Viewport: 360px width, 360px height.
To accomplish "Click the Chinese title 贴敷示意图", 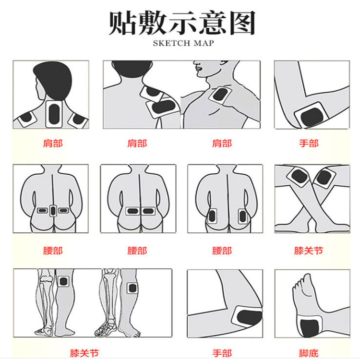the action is click(x=182, y=23).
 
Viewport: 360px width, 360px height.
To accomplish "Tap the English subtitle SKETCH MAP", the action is click(x=183, y=43).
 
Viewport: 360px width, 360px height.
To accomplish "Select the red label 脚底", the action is click(x=309, y=353).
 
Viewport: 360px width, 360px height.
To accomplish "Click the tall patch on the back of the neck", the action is click(x=54, y=114).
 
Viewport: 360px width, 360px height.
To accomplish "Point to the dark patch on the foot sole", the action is click(x=310, y=328).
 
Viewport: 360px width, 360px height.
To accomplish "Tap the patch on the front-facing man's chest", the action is click(x=220, y=95).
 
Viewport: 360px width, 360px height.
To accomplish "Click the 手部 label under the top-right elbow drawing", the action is click(x=309, y=144).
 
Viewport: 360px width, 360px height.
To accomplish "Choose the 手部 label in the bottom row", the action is click(x=222, y=353).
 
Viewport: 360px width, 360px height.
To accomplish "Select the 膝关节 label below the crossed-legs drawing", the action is click(x=309, y=251).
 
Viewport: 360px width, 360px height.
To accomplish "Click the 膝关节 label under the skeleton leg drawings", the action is click(x=84, y=353).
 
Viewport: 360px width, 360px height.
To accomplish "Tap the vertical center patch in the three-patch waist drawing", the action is click(x=53, y=211).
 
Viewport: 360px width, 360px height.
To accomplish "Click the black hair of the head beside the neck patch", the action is click(x=53, y=79).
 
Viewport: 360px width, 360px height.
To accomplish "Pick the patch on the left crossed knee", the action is click(x=299, y=177).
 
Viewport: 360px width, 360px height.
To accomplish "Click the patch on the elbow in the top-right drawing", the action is click(x=312, y=115).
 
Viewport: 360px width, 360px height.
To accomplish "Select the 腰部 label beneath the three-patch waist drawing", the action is click(x=53, y=251).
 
